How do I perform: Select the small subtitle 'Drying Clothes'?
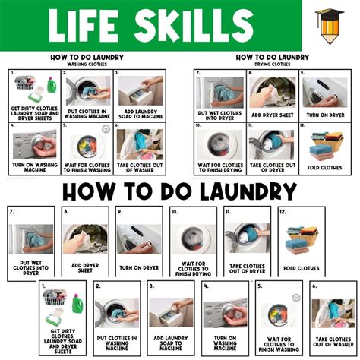coord(272,63)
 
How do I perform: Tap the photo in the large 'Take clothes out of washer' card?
coord(330,313)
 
